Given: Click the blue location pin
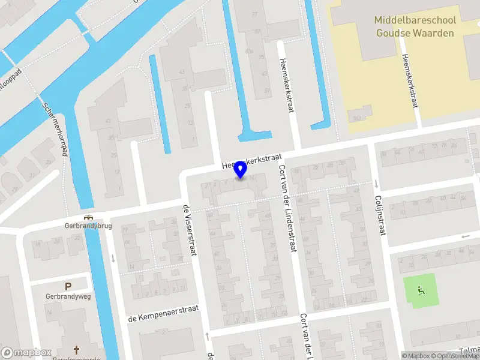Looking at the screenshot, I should point(241,170).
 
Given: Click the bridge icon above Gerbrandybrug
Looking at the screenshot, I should point(89,218).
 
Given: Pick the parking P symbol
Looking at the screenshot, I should point(68,286).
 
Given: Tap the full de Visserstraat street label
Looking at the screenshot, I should point(190,229).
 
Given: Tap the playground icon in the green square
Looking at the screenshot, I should point(421,292).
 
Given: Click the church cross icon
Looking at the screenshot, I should point(76,349).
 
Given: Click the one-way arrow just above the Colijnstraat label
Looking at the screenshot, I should point(376,183).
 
